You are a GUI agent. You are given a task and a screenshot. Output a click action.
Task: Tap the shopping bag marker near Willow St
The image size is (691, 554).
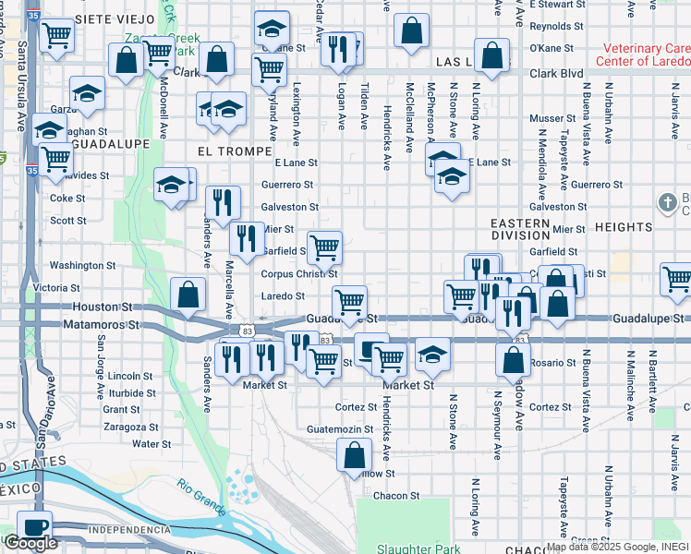coord(354,454)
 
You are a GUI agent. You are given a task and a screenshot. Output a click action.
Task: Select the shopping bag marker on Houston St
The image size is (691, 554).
coord(188,295)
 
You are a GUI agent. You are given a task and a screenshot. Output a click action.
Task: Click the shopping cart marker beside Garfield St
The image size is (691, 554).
coord(324,247)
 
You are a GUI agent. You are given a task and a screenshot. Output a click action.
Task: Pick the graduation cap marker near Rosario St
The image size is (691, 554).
coord(431,354)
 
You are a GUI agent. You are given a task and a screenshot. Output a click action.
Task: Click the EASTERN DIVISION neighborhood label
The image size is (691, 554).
coord(521,229)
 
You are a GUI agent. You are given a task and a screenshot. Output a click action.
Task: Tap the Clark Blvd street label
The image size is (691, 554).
coord(556,73)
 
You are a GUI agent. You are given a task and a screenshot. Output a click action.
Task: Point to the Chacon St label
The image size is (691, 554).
coord(396,496)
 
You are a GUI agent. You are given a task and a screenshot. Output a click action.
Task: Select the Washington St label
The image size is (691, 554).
coord(77,265)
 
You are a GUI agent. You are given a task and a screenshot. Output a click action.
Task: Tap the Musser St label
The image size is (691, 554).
coord(552,119)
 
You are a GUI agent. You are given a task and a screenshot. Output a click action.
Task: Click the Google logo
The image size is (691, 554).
coord(30,543)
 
